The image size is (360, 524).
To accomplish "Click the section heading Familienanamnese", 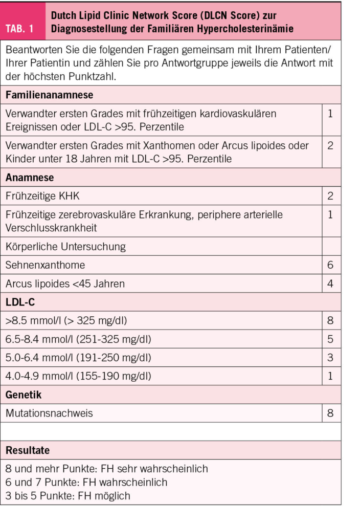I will pos(49,95).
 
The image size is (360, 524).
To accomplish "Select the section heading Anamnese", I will pos(30,178).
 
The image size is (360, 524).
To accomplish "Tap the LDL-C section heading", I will pos(20,302).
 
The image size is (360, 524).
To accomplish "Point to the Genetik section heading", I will pos(24,395).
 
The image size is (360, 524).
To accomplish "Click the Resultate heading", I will pos(28,450).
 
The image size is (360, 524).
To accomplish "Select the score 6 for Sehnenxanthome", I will pos(330,265).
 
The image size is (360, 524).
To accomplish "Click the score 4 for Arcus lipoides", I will pos(330,283).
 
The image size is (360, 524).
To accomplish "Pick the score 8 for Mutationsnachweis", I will pos(330,412).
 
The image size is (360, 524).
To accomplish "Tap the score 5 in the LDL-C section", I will pos(330,339).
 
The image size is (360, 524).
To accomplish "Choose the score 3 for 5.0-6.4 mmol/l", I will pos(330,357).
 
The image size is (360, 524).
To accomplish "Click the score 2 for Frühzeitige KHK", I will pos(330,195).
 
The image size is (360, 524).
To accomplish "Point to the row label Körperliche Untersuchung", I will pos(65,247).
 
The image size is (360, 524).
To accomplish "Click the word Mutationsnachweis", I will pos(49,413).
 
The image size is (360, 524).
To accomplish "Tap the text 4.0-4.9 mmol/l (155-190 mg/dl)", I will pos(78,376).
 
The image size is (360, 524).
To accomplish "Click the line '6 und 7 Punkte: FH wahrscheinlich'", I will pos(86,482).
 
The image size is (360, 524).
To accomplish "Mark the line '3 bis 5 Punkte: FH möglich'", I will pos(68,495).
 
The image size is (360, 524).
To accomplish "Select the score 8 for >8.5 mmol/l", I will pos(330,320).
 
